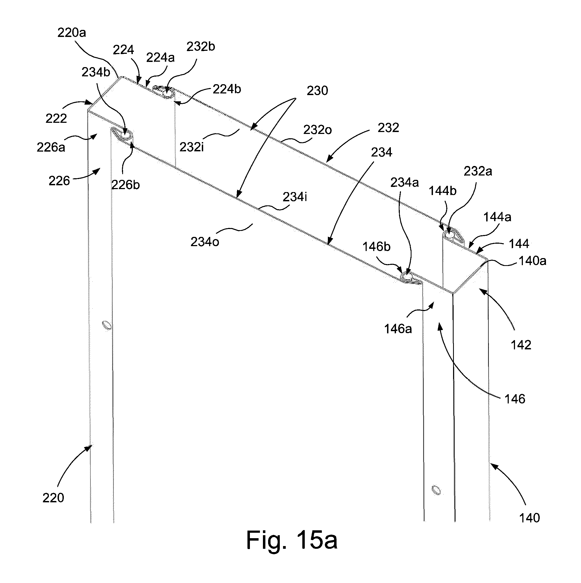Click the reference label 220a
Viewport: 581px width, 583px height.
(72, 33)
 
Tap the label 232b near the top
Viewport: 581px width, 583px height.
(201, 46)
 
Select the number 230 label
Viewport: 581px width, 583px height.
(317, 90)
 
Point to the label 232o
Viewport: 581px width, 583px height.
(317, 130)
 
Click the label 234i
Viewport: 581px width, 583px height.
(295, 197)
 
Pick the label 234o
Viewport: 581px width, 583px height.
(205, 242)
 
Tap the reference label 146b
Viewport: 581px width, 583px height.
(376, 247)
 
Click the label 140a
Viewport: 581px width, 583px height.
(532, 261)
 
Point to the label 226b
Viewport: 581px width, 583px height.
(125, 185)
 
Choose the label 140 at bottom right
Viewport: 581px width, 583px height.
(529, 518)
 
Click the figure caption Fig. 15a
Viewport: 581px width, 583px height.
(292, 540)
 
